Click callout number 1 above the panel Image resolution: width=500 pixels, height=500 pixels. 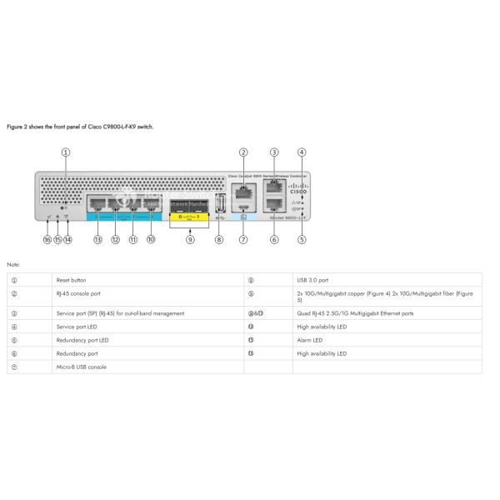66,152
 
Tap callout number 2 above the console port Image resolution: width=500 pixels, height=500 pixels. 243,152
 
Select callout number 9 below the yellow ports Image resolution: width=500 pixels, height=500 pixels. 190,240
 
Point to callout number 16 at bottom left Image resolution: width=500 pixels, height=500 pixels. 47,240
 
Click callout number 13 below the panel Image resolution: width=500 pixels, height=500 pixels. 97,240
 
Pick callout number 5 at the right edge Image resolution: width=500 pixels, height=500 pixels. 302,240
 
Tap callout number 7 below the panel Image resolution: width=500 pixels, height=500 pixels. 243,240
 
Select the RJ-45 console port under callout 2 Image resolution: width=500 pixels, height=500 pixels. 242,190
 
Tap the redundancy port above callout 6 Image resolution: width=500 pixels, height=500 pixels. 273,210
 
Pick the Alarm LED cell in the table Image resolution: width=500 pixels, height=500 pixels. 310,340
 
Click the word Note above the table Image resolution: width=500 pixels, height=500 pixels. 13,264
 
